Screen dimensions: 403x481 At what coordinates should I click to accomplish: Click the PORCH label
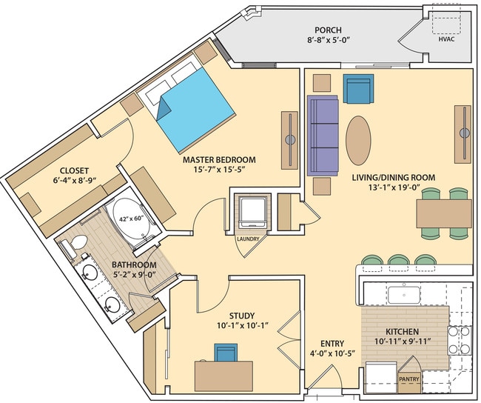tap(326, 30)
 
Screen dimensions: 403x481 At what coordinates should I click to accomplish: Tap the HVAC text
tap(446, 40)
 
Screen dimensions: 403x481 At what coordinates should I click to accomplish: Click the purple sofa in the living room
tap(322, 134)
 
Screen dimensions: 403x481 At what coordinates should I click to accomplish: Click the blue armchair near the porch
tap(357, 90)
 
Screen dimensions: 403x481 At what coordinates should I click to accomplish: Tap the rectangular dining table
tap(443, 213)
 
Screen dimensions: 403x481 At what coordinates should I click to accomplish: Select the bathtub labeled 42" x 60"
tap(134, 219)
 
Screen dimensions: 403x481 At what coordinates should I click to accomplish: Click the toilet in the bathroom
tap(78, 245)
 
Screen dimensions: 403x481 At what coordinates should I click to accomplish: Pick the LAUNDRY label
tap(247, 239)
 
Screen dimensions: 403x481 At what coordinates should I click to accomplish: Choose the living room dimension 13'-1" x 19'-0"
tap(392, 189)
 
